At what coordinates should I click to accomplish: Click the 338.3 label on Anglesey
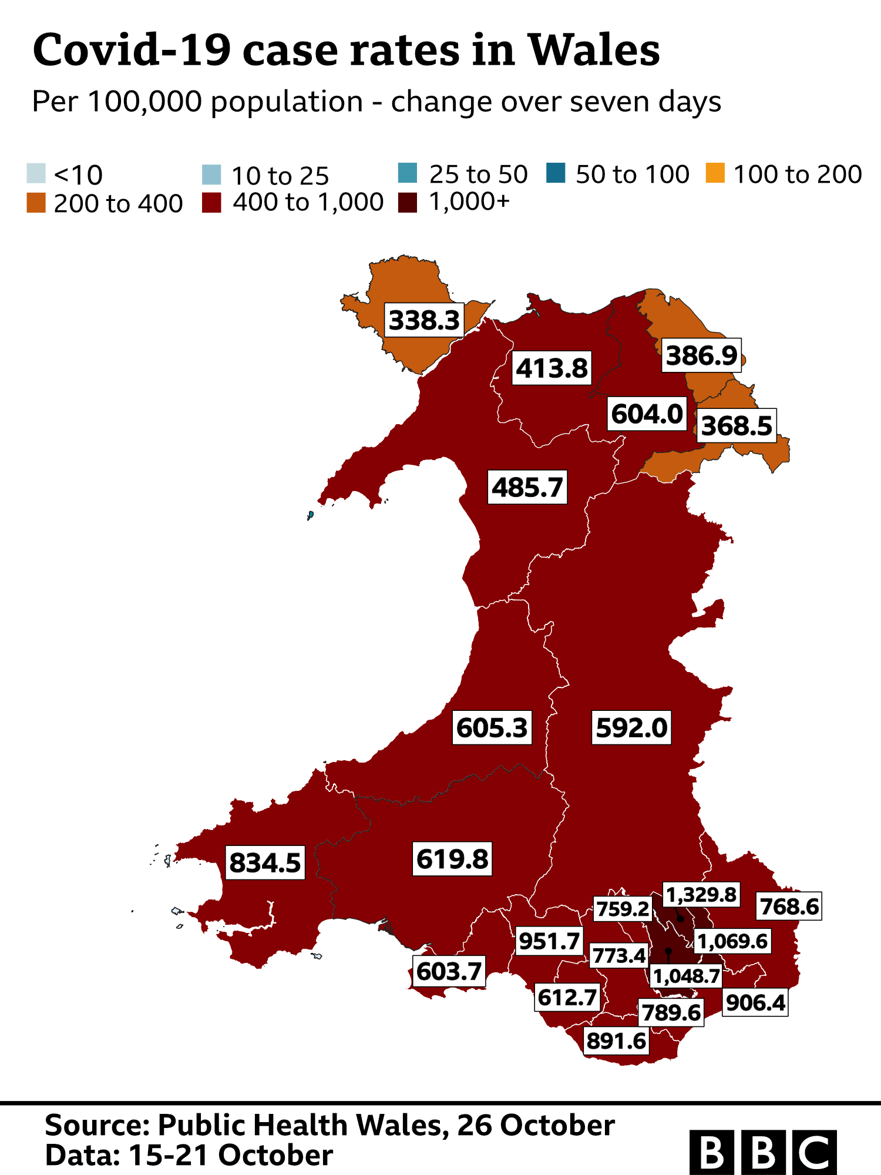pos(424,320)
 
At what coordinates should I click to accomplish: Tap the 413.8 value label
pos(552,368)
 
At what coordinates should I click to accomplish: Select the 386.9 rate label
pos(701,355)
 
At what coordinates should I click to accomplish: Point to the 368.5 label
pos(737,426)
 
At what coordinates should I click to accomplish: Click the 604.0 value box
pos(647,414)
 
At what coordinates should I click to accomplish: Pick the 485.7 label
pos(527,487)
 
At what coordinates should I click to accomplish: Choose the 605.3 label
pos(492,728)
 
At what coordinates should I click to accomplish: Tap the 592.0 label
pos(631,728)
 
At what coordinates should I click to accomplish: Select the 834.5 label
pos(265,862)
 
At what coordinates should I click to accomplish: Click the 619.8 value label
pos(452,859)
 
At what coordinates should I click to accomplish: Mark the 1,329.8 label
pos(701,895)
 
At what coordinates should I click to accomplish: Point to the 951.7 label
pos(549,941)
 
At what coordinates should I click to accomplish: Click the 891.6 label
pos(616,1041)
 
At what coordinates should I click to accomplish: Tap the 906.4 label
pos(755,1002)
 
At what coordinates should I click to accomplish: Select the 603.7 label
pos(449,971)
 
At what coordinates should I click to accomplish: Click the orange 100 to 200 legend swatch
pos(715,173)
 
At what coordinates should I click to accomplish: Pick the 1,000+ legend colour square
pos(408,202)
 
